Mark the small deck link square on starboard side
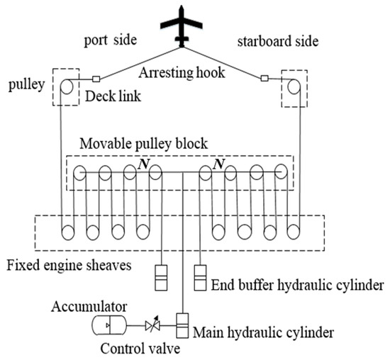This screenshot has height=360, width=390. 265,79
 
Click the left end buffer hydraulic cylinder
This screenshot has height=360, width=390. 162,277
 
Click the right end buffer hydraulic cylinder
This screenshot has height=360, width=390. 201,277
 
